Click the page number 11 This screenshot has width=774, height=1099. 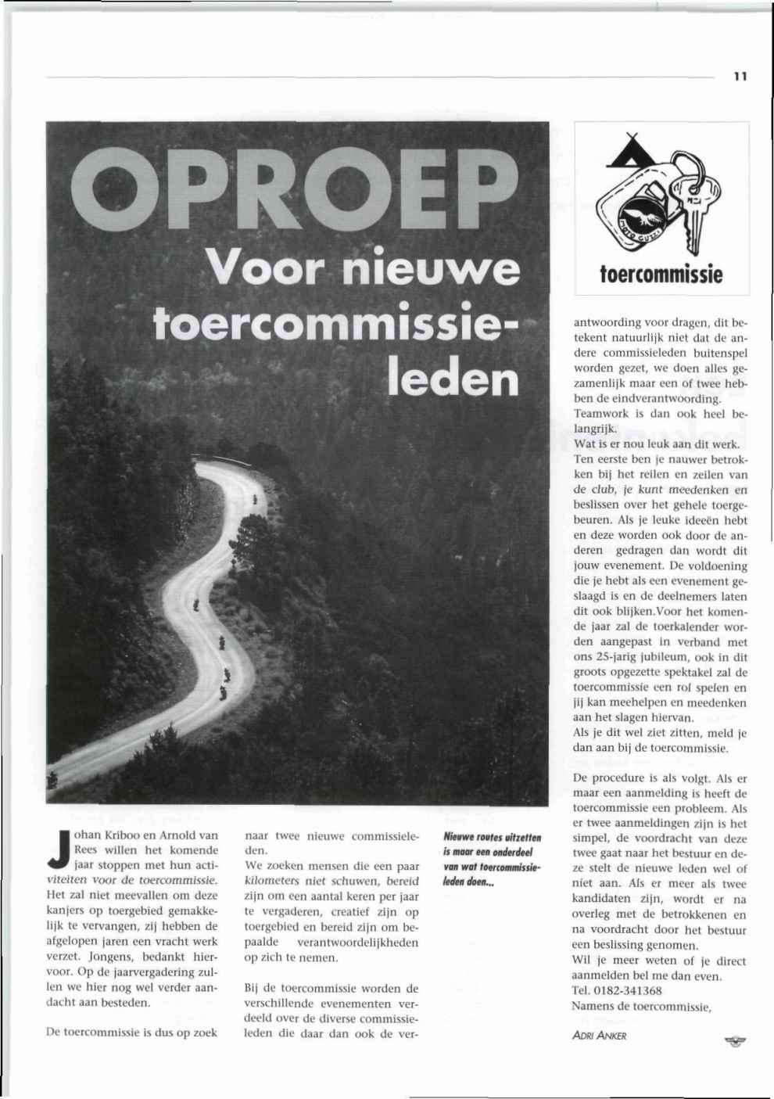740,77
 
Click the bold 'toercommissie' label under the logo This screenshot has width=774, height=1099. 661,275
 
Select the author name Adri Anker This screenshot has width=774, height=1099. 600,1036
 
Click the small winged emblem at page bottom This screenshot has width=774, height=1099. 733,1040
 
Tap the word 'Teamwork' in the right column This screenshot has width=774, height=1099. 601,413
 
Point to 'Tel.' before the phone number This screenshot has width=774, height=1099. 583,990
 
